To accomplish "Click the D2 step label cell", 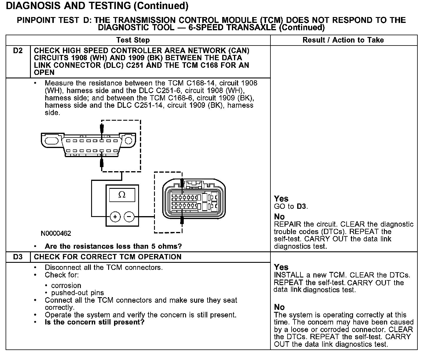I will click(x=18, y=51).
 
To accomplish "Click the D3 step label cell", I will click(x=18, y=257).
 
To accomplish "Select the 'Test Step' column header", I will click(x=133, y=40).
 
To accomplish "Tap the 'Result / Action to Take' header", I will click(x=343, y=40).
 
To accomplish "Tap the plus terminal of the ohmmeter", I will click(x=115, y=217).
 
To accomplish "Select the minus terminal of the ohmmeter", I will click(x=129, y=217).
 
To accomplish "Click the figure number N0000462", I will click(x=56, y=233).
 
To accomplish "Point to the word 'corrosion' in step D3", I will click(x=66, y=285).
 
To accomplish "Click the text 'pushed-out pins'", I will click(x=77, y=293).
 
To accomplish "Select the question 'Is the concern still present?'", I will click(x=94, y=322).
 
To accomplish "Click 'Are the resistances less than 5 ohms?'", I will click(x=113, y=246).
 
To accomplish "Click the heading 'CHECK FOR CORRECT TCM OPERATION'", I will click(x=108, y=257).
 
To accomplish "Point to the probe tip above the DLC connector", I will click(x=102, y=128).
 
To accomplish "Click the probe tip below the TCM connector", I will click(x=182, y=220).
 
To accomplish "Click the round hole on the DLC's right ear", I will click(x=128, y=140).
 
